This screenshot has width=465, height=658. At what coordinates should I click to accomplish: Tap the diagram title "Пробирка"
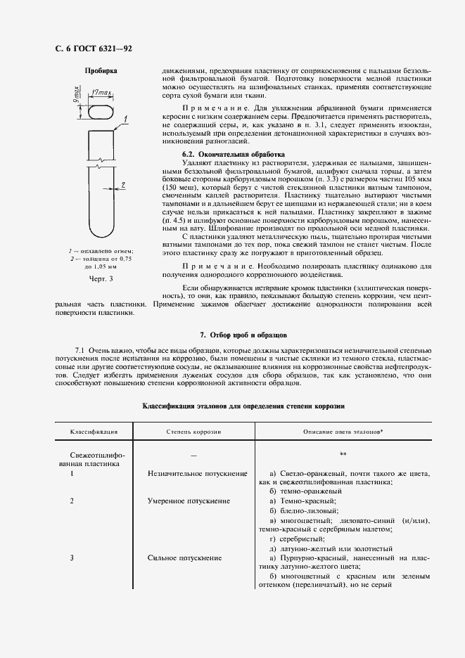[101, 71]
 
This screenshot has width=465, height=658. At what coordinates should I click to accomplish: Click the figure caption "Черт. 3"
[101, 279]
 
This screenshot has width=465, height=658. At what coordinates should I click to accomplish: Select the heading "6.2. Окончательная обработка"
[233, 153]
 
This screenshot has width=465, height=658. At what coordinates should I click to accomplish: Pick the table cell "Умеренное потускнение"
[189, 501]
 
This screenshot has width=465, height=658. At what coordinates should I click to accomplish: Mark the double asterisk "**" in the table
[343, 454]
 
